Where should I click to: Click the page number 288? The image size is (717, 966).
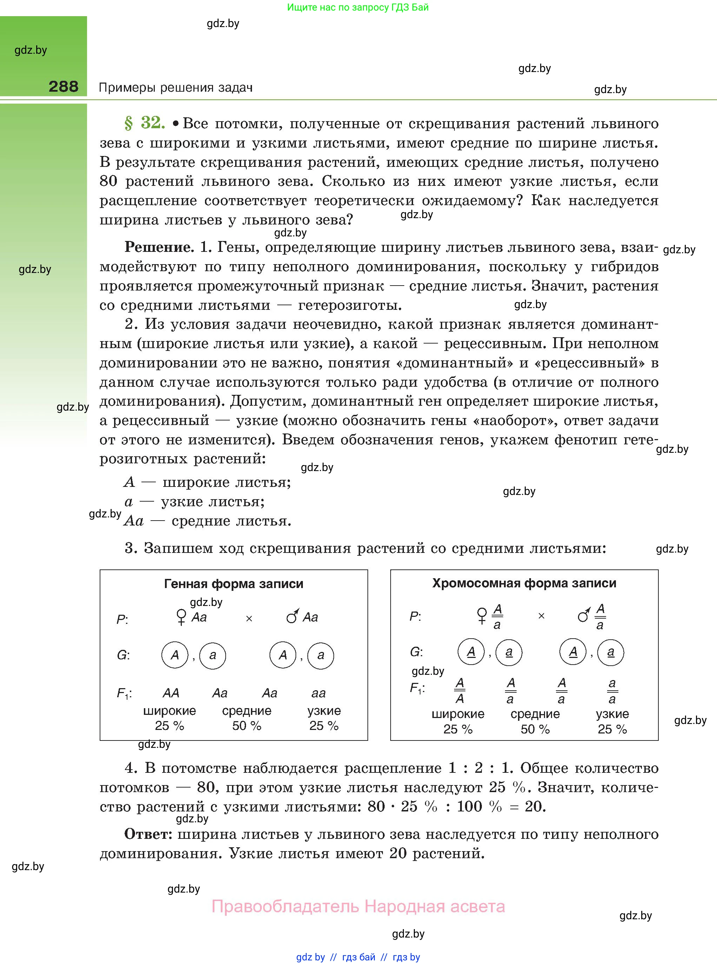pyautogui.click(x=64, y=86)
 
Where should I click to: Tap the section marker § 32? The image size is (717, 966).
pyautogui.click(x=145, y=123)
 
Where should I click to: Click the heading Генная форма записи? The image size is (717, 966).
pyautogui.click(x=233, y=583)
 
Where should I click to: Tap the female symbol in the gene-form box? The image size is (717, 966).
pyautogui.click(x=181, y=617)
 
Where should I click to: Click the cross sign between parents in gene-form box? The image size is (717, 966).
pyautogui.click(x=249, y=619)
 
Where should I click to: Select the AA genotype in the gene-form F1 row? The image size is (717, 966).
pyautogui.click(x=171, y=693)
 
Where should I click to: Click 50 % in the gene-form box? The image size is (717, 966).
pyautogui.click(x=246, y=725)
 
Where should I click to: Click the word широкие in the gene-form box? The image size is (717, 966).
pyautogui.click(x=169, y=711)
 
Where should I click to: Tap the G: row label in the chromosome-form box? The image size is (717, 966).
pyautogui.click(x=416, y=652)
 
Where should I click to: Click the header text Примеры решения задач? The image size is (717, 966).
pyautogui.click(x=176, y=88)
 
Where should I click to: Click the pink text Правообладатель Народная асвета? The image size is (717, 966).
pyautogui.click(x=358, y=907)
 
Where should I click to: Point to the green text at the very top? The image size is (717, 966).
pyautogui.click(x=358, y=7)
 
